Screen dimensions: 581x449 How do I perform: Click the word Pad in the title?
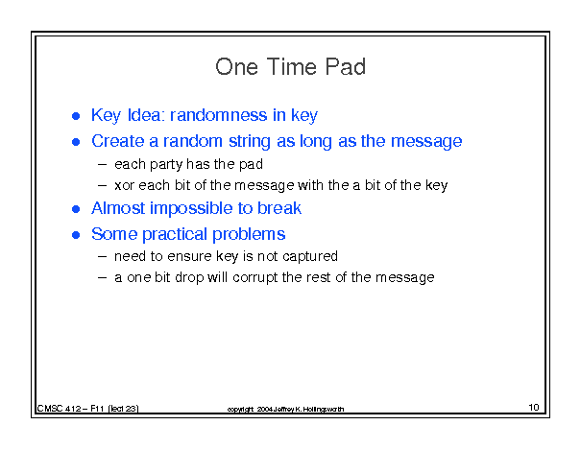pyautogui.click(x=346, y=67)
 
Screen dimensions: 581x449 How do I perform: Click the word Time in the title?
pyautogui.click(x=291, y=67)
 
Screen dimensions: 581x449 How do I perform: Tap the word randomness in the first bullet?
pyautogui.click(x=218, y=115)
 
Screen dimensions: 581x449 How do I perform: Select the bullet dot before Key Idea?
pyautogui.click(x=76, y=116)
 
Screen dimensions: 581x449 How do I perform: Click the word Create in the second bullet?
pyautogui.click(x=118, y=141)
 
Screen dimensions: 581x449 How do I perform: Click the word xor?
pyautogui.click(x=124, y=185)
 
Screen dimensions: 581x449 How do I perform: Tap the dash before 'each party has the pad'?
pyautogui.click(x=103, y=165)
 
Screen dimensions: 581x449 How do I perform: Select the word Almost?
pyautogui.click(x=118, y=208)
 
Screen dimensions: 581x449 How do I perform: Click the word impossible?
pyautogui.click(x=191, y=209)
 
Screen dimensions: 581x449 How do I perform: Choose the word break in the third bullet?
pyautogui.click(x=279, y=208)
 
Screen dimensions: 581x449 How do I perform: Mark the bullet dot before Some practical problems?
pyautogui.click(x=76, y=235)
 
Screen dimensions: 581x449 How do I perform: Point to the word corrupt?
pyautogui.click(x=255, y=278)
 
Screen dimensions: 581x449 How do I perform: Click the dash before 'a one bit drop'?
pyautogui.click(x=103, y=277)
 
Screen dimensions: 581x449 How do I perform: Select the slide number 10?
pyautogui.click(x=534, y=408)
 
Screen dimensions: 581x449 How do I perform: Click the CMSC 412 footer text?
pyautogui.click(x=87, y=409)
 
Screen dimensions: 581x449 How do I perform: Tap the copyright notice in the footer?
pyautogui.click(x=285, y=409)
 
